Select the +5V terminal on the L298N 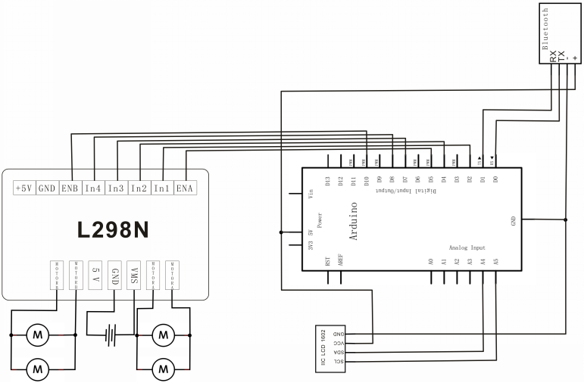[23, 188]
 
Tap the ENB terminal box [70, 188]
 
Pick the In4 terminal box [92, 188]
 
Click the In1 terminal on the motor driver [161, 188]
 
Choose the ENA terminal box [184, 188]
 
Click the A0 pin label [431, 261]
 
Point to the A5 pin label [495, 261]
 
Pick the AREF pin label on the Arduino [341, 261]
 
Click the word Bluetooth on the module [546, 28]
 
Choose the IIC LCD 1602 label [323, 349]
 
